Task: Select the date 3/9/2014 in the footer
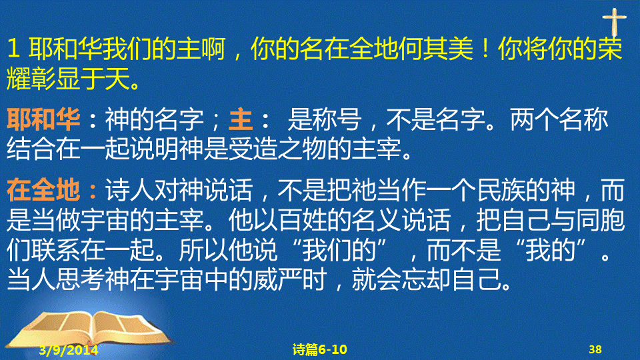pos(69,350)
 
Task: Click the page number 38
pos(595,349)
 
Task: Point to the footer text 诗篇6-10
pos(319,349)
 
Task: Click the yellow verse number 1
pos(13,49)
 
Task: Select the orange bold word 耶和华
pos(43,119)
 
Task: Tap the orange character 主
pos(241,119)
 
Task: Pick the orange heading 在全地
pos(43,190)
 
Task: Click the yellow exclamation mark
pos(485,48)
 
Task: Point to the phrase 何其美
pos(435,49)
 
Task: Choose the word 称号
pos(337,119)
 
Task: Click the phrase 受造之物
pos(277,149)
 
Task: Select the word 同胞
pos(600,220)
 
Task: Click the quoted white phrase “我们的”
pos(341,250)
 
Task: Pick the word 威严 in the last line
pos(277,279)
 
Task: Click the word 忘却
pos(427,279)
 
